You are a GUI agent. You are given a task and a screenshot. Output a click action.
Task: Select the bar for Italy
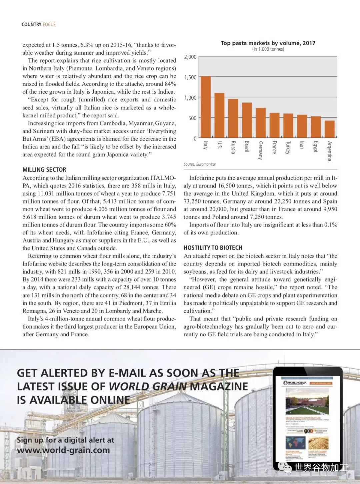(206, 107)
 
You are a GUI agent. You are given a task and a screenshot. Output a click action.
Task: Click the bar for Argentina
(329, 129)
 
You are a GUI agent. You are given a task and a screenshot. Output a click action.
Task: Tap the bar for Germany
(261, 122)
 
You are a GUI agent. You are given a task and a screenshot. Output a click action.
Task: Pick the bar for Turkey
(288, 125)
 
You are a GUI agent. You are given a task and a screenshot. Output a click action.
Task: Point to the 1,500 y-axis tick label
(190, 77)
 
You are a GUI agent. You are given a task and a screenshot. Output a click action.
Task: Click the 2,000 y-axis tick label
(190, 57)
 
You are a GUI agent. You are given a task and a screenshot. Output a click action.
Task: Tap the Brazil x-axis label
(247, 147)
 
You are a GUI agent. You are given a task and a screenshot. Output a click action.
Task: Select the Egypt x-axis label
(316, 147)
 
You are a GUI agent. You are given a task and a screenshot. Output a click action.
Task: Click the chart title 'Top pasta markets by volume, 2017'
(268, 43)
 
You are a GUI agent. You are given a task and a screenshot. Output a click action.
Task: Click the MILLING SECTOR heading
(44, 170)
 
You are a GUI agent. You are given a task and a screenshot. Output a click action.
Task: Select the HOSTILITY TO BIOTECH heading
(213, 248)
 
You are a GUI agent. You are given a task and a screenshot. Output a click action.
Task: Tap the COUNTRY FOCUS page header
(38, 24)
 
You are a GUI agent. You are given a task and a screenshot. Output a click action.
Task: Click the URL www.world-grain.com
(63, 450)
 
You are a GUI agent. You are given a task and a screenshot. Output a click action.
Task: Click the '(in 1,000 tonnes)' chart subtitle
(268, 49)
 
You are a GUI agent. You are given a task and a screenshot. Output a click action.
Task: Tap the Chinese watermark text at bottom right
(321, 468)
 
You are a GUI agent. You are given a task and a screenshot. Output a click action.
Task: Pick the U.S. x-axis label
(219, 145)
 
